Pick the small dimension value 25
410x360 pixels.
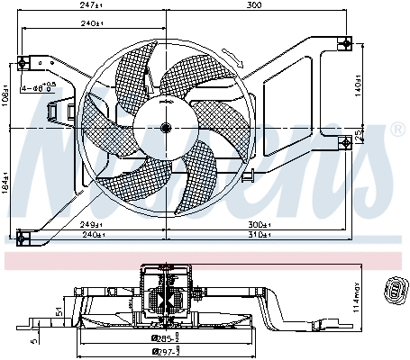tap(359, 136)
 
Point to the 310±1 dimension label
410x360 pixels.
tap(260, 237)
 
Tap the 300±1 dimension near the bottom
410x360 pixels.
tap(260, 224)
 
